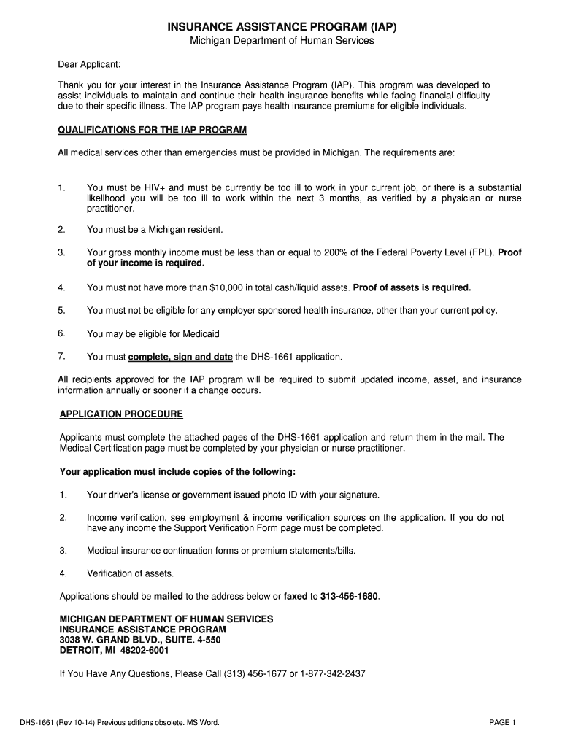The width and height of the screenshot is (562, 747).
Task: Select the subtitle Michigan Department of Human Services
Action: [282, 41]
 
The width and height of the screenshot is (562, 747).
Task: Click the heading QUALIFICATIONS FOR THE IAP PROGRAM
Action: [152, 130]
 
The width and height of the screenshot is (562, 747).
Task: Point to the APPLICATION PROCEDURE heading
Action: [121, 414]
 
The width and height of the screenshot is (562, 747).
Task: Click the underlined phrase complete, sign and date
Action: [180, 357]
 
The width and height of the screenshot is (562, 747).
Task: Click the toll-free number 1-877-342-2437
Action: [332, 673]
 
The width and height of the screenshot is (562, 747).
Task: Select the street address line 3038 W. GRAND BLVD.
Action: [140, 640]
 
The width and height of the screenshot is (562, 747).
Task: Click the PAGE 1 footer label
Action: [502, 723]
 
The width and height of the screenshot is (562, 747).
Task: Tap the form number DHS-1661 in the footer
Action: [41, 723]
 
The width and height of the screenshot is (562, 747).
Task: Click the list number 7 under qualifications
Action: [62, 357]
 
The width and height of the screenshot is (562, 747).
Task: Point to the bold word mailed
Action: [169, 596]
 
